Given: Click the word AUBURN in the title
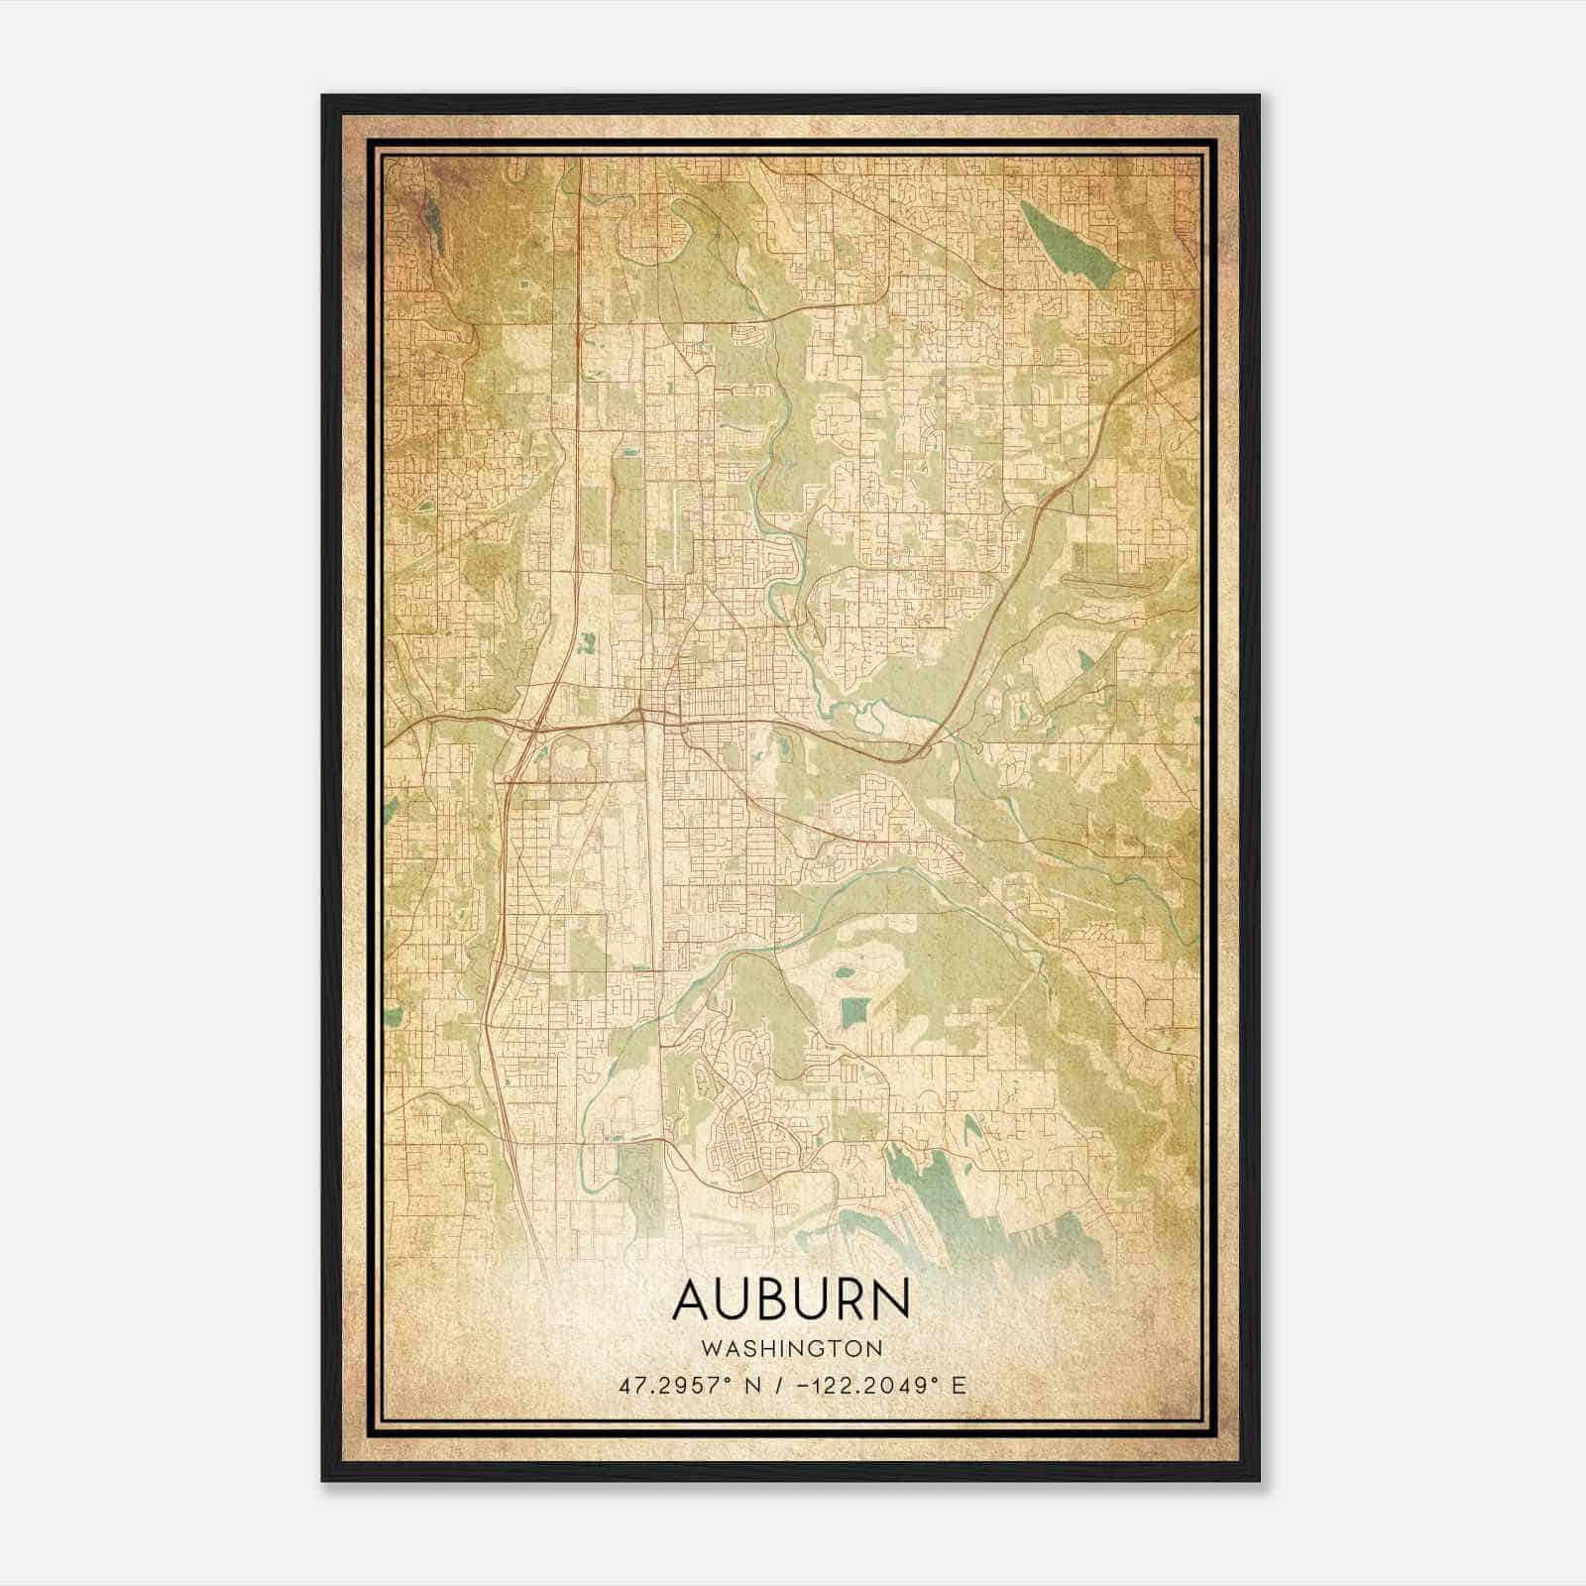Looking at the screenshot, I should (x=790, y=1301).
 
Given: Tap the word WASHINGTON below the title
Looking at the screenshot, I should (x=791, y=1348).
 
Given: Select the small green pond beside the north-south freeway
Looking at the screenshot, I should (x=588, y=645).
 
